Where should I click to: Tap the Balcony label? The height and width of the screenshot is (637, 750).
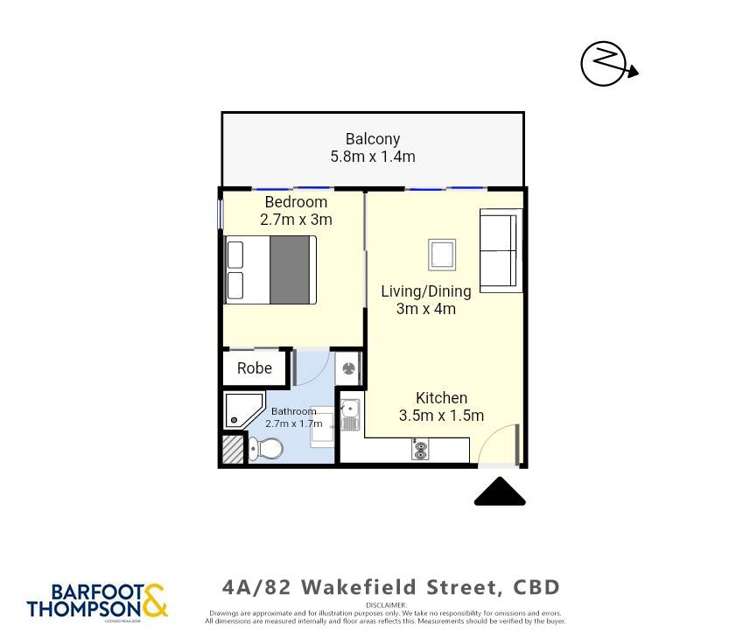(x=372, y=139)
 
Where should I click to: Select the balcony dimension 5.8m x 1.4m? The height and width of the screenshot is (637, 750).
(x=372, y=157)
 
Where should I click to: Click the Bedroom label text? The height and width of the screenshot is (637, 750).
(x=295, y=202)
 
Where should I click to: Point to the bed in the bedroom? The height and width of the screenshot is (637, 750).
(x=270, y=269)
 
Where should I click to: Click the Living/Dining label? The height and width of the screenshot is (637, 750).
(x=425, y=291)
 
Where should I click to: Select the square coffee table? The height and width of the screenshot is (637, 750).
(x=442, y=254)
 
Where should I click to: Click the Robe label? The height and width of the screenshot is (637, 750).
(x=254, y=368)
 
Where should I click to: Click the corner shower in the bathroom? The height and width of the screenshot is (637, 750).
(x=242, y=408)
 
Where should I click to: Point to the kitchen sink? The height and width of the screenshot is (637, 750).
(x=350, y=415)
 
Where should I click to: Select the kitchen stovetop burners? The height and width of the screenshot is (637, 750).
(x=420, y=451)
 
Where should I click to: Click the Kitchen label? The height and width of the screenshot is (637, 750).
(x=441, y=398)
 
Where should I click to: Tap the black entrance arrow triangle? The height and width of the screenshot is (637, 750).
(x=499, y=493)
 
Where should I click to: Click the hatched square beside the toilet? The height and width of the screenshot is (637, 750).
(x=232, y=449)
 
